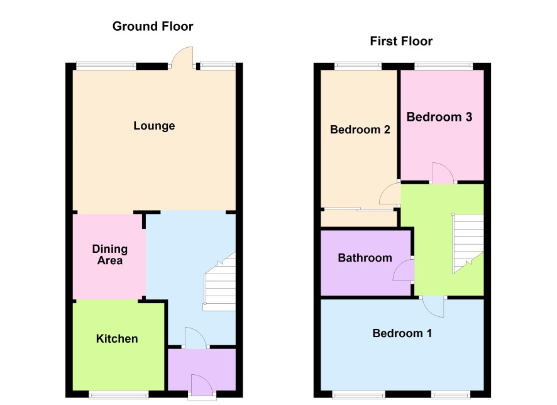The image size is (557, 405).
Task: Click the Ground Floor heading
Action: coord(153,26)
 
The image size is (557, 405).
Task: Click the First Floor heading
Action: coord(401,42)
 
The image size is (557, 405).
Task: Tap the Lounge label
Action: coord(154,126)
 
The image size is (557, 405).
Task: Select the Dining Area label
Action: coord(110,254)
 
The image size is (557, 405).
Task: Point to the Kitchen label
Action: coord(117,338)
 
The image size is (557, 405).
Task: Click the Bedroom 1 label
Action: coord(402,333)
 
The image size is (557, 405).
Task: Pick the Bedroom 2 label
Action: coord(360,130)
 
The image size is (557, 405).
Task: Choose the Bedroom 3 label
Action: coord(439,117)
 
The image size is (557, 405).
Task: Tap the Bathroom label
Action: coord(365,258)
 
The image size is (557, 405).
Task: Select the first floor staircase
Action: coord(468,243)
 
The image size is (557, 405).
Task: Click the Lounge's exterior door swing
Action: coord(182,57)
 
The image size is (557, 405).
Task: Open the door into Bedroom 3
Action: coord(443,173)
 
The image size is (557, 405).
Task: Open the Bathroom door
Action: coord(404,270)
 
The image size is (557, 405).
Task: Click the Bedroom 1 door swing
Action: coord(433,307)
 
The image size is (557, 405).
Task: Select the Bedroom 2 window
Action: coord(358,66)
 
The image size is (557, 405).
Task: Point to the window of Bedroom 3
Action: coord(443,66)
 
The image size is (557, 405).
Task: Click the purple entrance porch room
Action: coord(202,370)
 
